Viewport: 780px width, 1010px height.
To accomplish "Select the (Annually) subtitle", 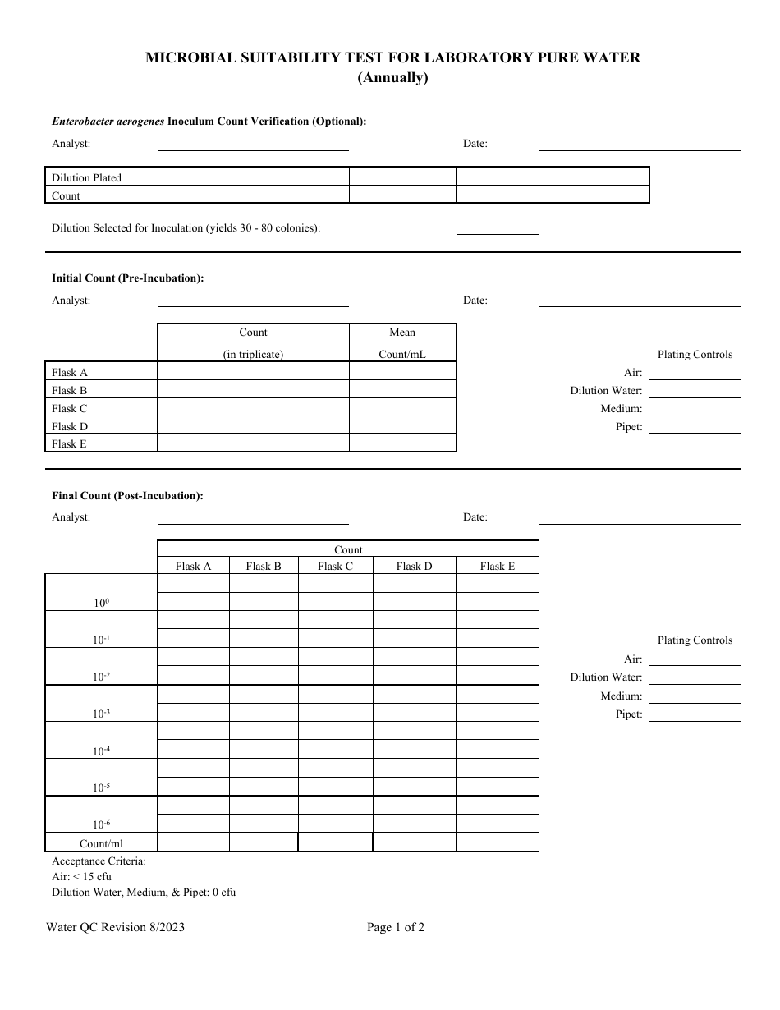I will coord(392,79).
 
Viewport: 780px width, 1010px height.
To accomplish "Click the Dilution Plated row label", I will coord(87,177).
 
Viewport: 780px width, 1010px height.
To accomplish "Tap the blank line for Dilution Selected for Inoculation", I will coord(498,228).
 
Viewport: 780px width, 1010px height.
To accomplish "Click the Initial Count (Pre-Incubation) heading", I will coord(128,278).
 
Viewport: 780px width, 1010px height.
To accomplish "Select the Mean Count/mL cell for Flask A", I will coord(402,372).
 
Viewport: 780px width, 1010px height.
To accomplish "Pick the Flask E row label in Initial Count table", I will coord(70,444).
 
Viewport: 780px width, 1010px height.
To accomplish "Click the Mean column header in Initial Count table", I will coord(402,333).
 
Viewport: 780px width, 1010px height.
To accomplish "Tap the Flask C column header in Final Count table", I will coord(335,566).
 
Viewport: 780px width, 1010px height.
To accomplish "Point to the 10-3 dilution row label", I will coord(101,714).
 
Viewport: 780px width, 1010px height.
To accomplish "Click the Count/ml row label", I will coord(101,842).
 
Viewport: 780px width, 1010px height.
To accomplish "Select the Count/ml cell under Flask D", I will coord(414,842).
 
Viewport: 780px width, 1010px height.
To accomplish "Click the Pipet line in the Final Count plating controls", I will coord(695,714).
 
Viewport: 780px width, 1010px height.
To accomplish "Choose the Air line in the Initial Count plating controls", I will coord(695,373).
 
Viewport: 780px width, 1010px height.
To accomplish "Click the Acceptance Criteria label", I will coord(99,861).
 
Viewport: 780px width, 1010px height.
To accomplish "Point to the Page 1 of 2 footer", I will coord(396,928).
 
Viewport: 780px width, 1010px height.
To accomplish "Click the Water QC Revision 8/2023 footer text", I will coord(122,928).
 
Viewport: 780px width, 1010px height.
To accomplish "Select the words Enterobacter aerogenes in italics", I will coord(108,122).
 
